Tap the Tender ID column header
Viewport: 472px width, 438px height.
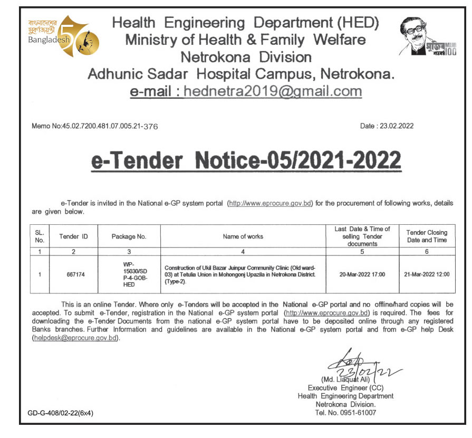[x=73, y=236]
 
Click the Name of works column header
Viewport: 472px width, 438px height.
[x=243, y=236]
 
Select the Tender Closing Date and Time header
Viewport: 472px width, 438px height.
[x=426, y=236]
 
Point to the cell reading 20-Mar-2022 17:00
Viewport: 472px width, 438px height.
[x=362, y=274]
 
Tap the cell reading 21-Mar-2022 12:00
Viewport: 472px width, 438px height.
[x=426, y=274]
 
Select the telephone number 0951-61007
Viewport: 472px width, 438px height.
[x=345, y=413]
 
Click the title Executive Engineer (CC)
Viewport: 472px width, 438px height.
[x=345, y=388]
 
